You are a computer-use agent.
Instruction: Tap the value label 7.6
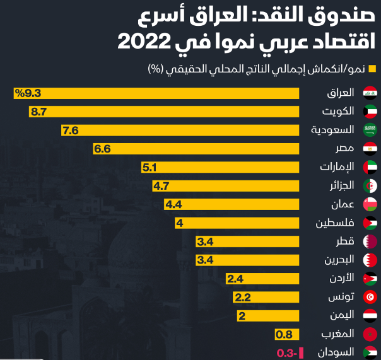click(x=70, y=131)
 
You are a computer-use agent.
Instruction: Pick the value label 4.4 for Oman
click(x=173, y=204)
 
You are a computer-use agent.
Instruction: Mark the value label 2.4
click(x=235, y=279)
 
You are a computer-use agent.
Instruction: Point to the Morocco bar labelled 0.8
click(x=287, y=334)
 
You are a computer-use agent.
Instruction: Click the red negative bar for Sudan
click(x=302, y=352)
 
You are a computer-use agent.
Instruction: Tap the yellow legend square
click(x=372, y=68)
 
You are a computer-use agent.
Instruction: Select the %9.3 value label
click(x=28, y=93)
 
